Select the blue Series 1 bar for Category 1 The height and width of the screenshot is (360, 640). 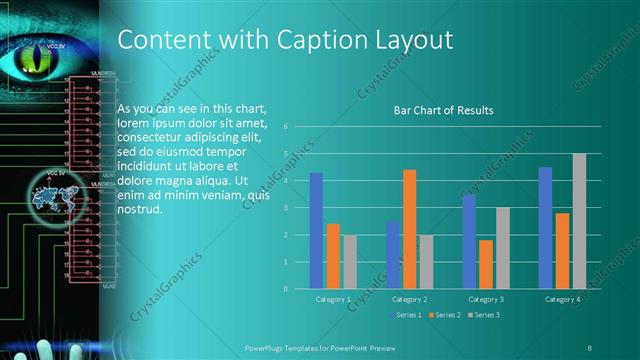pos(316,230)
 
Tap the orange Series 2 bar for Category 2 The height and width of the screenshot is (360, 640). pos(409,229)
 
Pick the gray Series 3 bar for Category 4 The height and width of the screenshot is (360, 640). pos(579,221)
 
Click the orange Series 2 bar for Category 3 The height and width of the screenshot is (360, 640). pos(485,264)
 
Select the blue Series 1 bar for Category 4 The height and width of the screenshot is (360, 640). pos(545,227)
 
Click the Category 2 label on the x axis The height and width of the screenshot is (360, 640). pos(409,299)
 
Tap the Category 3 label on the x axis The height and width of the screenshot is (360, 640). pos(486,299)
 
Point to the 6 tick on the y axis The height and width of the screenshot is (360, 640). pos(286,127)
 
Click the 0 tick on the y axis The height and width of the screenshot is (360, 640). pos(286,289)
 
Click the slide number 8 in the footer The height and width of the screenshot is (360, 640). pos(589,345)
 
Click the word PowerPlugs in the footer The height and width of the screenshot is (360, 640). pos(266,345)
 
